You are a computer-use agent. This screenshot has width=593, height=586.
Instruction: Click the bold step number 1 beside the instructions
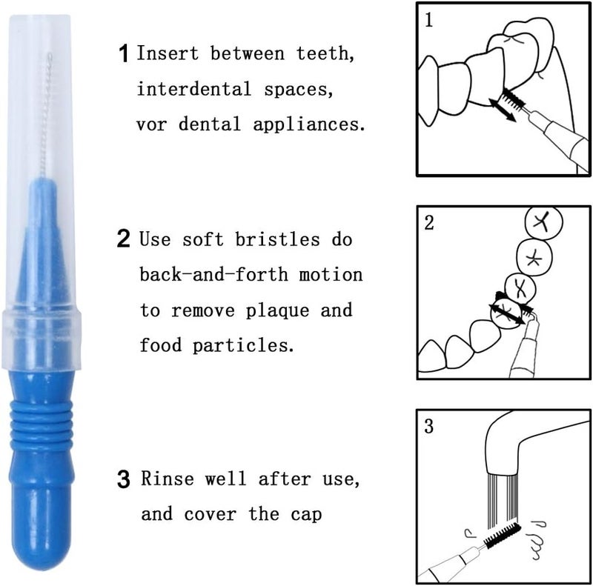(x=124, y=53)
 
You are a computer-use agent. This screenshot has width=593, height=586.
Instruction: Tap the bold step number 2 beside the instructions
(x=123, y=239)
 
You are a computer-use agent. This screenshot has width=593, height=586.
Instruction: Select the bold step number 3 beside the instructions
(x=123, y=479)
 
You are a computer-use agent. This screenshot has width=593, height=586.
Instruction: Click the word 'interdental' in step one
(x=194, y=89)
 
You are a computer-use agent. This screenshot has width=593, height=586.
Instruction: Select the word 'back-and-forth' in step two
(x=213, y=274)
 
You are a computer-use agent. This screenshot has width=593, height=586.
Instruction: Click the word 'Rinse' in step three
(x=168, y=479)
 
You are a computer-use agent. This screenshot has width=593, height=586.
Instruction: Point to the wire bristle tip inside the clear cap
(x=45, y=113)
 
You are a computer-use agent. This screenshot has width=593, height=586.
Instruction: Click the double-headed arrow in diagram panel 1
(x=503, y=110)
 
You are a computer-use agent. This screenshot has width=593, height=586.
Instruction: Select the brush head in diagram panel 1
(x=513, y=98)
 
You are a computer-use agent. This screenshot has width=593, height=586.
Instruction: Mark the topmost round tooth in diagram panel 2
(x=544, y=223)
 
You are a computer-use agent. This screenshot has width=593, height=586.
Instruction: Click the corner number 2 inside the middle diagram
(x=428, y=223)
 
